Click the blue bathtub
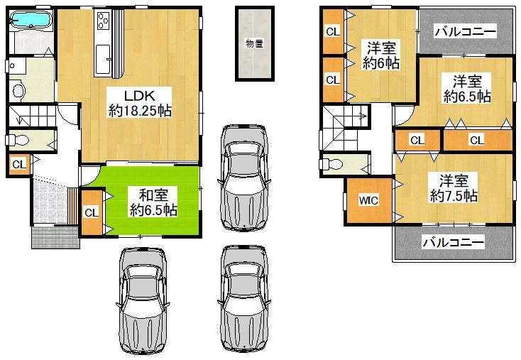click(x=31, y=19)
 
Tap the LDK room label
click(x=140, y=96)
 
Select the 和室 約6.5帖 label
click(x=153, y=202)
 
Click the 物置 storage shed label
click(x=255, y=43)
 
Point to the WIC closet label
click(x=368, y=200)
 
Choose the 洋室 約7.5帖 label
click(x=454, y=188)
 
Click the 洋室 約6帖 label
click(x=381, y=55)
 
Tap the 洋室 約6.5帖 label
click(x=467, y=89)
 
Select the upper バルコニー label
click(x=466, y=32)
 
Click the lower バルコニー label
click(x=454, y=242)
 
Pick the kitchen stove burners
click(x=104, y=20)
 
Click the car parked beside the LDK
click(x=244, y=178)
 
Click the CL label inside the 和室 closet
click(x=92, y=212)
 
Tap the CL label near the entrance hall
click(x=19, y=164)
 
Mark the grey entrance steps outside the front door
click(x=55, y=237)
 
